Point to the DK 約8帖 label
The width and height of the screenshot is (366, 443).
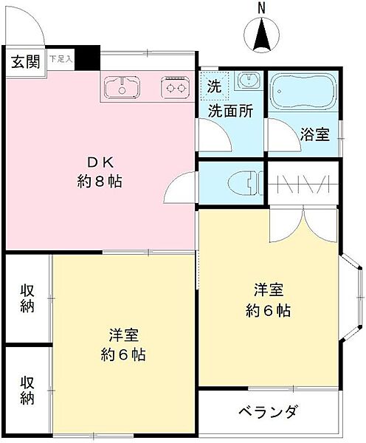pyautogui.click(x=99, y=171)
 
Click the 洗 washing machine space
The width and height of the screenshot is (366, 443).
pyautogui.click(x=214, y=85)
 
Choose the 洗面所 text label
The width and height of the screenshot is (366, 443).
pyautogui.click(x=230, y=111)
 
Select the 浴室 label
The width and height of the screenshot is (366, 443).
pyautogui.click(x=315, y=134)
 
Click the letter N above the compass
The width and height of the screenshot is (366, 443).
pyautogui.click(x=261, y=8)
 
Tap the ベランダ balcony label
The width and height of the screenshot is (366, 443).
pyautogui.click(x=268, y=412)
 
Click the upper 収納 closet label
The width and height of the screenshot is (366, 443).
pyautogui.click(x=27, y=298)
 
